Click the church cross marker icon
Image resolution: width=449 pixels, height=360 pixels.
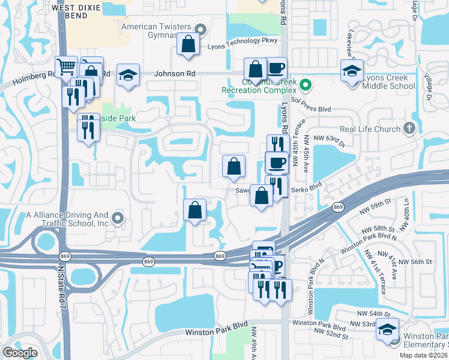pyautogui.click(x=409, y=128)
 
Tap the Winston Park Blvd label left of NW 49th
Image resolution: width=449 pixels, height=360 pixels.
pyautogui.click(x=216, y=332)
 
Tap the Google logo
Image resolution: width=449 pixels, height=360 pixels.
pyautogui.click(x=19, y=353)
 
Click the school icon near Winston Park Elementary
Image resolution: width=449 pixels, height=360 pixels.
pyautogui.click(x=387, y=329)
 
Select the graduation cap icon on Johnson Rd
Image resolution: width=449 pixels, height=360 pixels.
pyautogui.click(x=128, y=75)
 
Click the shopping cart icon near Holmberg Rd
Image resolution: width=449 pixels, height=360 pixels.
pyautogui.click(x=65, y=67)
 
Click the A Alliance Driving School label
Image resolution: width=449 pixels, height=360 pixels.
pyautogui.click(x=67, y=218)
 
